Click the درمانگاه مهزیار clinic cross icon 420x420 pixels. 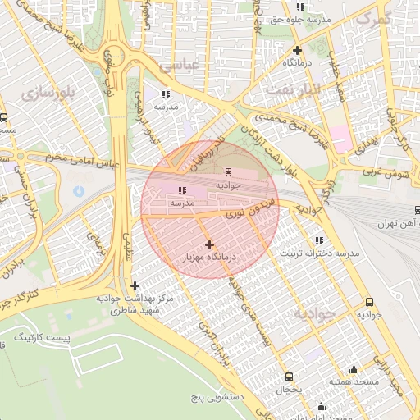coord(210,244)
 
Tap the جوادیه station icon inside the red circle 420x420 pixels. coord(227,172)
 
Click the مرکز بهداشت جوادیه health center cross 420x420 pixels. coord(135,285)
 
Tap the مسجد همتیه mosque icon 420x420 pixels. coord(354,369)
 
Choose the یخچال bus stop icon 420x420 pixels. coord(288,376)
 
